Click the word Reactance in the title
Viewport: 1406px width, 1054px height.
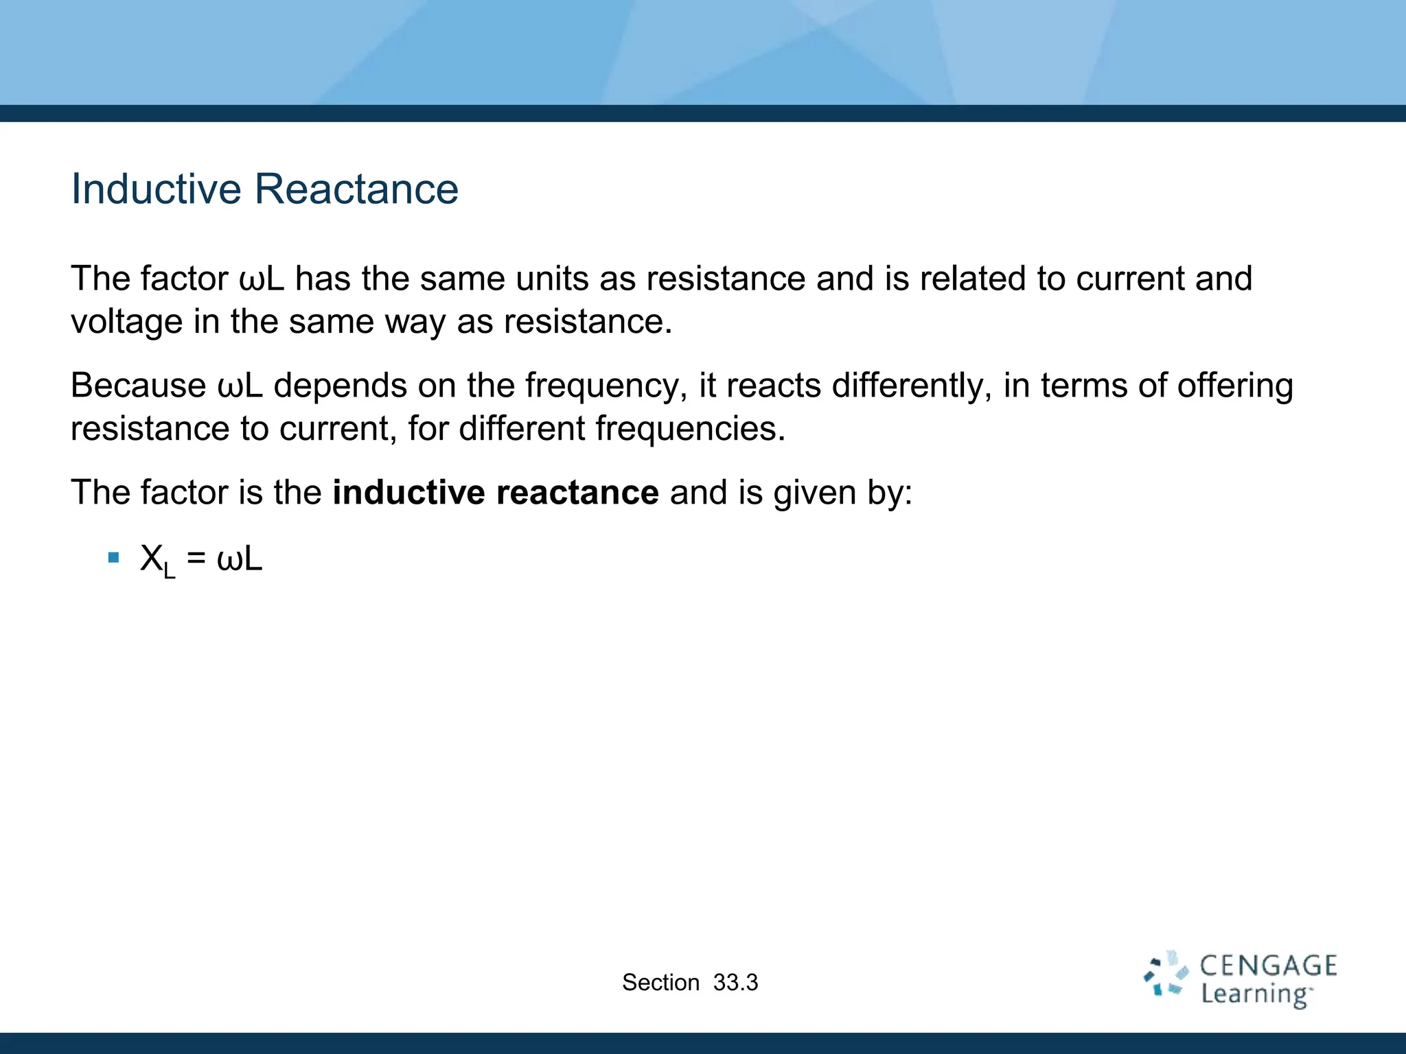356,189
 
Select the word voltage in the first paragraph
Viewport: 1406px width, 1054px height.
126,322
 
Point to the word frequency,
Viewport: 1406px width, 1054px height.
606,386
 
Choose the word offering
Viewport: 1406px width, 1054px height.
1234,386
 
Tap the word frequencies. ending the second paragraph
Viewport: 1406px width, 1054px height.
690,429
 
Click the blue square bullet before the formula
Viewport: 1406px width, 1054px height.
114,557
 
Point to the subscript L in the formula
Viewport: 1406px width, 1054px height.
170,571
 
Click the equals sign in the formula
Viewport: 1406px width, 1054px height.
196,559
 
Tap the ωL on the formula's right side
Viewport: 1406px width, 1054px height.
240,559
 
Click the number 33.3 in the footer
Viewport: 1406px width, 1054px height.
735,983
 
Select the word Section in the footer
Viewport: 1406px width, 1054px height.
660,983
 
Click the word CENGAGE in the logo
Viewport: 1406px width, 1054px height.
1268,966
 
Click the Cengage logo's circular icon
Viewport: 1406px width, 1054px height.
1165,974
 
